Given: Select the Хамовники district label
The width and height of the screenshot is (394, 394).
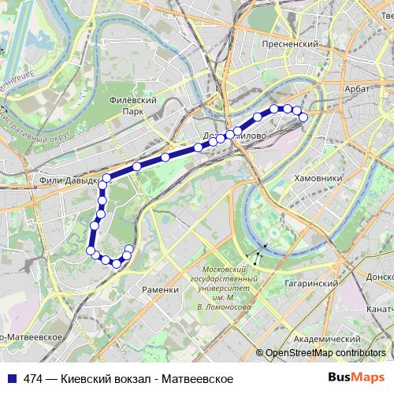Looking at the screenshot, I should pos(318,179).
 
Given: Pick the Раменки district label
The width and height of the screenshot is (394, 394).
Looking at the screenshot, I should pos(161,289).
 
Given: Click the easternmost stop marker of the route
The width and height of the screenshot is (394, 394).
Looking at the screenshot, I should pos(303,117).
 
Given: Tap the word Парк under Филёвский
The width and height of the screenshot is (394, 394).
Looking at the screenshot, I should pos(132,111).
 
